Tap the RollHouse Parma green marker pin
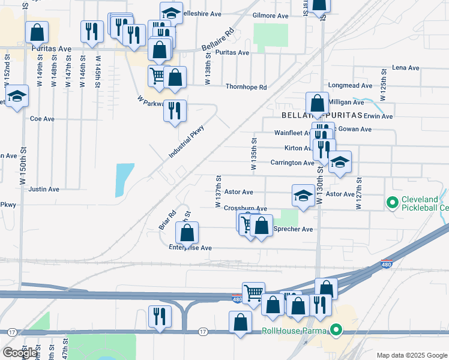336,331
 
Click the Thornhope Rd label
246,87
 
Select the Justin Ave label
44,189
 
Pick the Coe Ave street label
42,119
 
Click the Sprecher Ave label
294,229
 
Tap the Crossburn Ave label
245,208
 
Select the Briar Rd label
167,219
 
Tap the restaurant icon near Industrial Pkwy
175,110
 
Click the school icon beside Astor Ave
303,194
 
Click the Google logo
19,353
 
